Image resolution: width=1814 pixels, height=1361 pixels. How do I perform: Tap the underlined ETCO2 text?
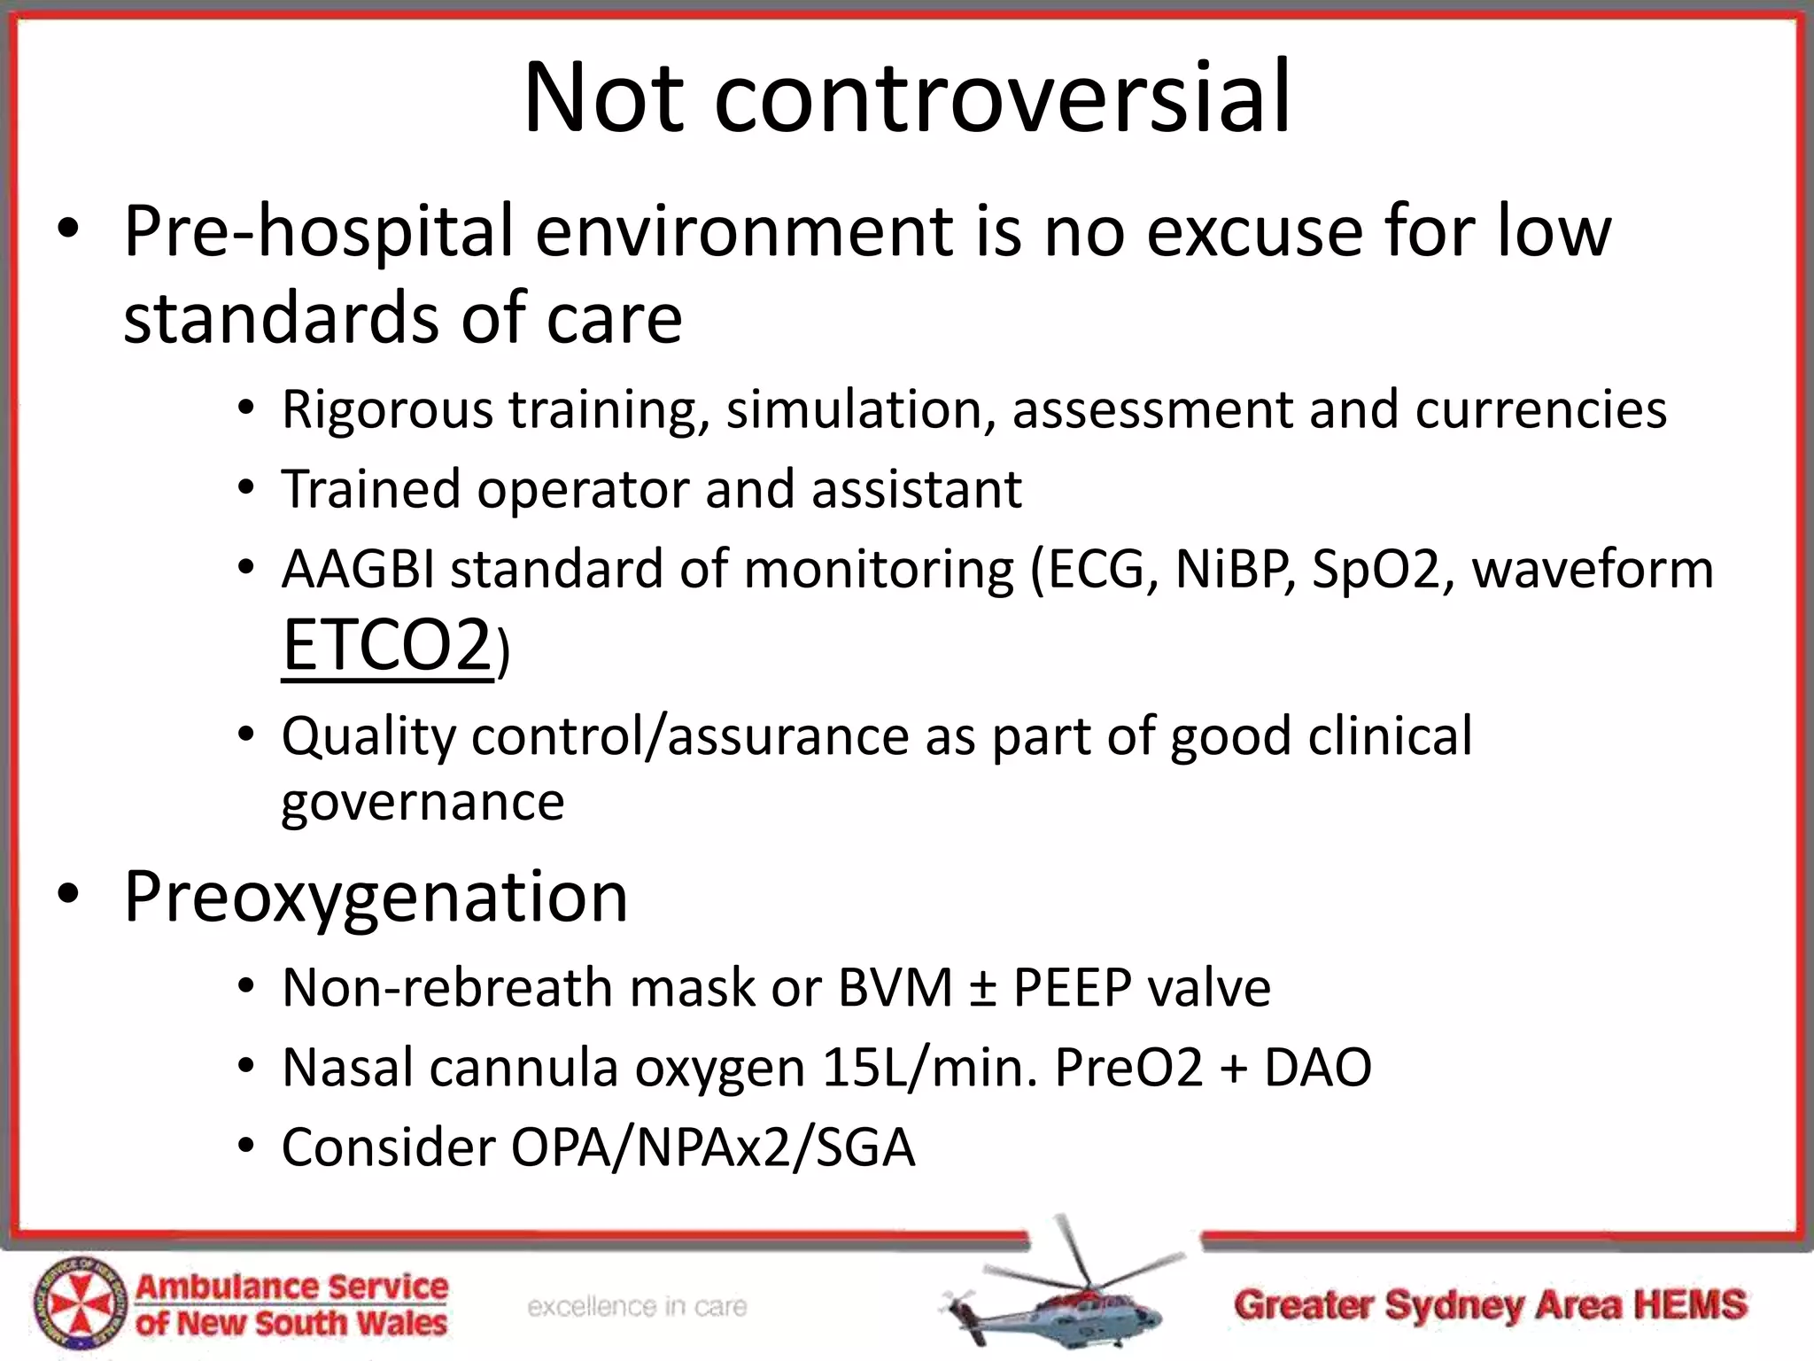point(386,646)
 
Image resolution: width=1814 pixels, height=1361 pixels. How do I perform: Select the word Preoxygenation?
point(376,897)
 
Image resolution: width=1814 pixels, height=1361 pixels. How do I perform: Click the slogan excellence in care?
point(637,1307)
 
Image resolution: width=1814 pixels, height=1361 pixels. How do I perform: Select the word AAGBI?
point(357,569)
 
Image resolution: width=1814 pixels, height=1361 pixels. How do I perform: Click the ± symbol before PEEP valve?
point(981,988)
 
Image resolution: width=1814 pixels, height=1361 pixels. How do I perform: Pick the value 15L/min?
point(929,1068)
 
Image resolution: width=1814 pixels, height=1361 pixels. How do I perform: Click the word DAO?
point(1317,1068)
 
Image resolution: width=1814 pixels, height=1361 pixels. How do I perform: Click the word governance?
point(422,803)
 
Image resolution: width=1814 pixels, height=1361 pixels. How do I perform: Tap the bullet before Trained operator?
point(246,488)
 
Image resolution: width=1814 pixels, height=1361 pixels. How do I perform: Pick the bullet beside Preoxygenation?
point(69,895)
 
